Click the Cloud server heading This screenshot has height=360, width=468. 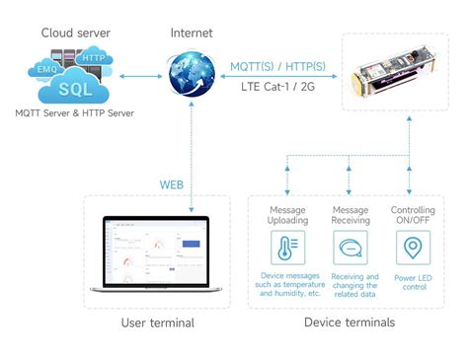pyautogui.click(x=74, y=33)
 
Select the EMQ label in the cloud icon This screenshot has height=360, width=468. pyautogui.click(x=46, y=70)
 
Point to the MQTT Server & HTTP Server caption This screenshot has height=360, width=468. pyautogui.click(x=74, y=113)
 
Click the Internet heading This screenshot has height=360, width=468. pyautogui.click(x=191, y=33)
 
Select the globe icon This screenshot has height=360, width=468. pyautogui.click(x=192, y=76)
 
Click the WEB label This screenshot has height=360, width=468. pyautogui.click(x=172, y=184)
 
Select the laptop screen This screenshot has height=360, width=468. pyautogui.click(x=157, y=252)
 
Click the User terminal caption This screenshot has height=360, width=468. pyautogui.click(x=157, y=323)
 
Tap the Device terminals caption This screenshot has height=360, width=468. pyautogui.click(x=350, y=323)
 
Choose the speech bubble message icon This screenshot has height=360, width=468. pyautogui.click(x=351, y=248)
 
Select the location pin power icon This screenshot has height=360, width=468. pyautogui.click(x=411, y=248)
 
